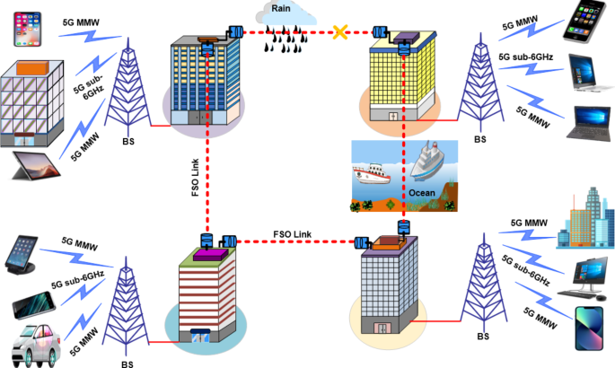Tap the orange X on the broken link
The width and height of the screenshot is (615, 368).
click(x=340, y=34)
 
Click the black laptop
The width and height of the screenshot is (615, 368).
click(x=589, y=122)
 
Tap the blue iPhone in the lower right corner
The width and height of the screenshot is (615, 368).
click(x=589, y=329)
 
